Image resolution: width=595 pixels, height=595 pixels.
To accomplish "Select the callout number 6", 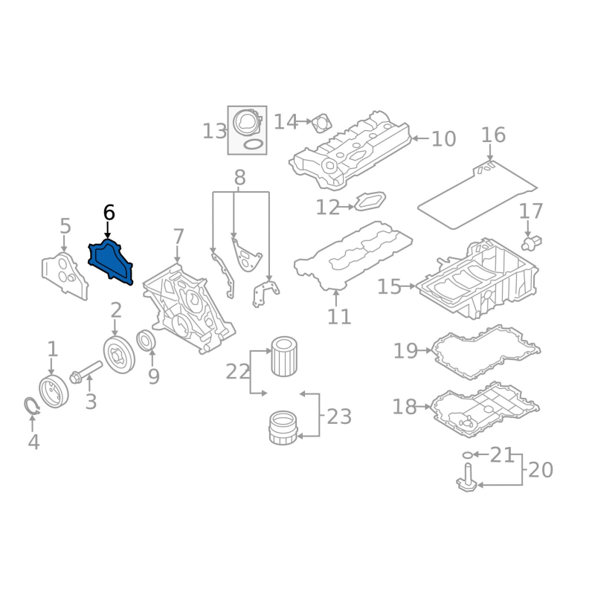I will pyautogui.click(x=109, y=213).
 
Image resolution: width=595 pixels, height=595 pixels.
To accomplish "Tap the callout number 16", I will pyautogui.click(x=493, y=135).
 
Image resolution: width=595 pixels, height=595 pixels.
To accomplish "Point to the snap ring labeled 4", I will pyautogui.click(x=30, y=406).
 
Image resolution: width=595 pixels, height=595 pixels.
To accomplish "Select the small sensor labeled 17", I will pyautogui.click(x=533, y=242).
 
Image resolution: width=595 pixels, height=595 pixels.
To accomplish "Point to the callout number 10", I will pyautogui.click(x=443, y=139).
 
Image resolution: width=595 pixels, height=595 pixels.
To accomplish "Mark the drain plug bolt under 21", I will pyautogui.click(x=467, y=477).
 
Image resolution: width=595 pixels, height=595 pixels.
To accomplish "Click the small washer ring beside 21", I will pyautogui.click(x=467, y=454).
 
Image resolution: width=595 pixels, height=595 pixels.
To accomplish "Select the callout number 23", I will pyautogui.click(x=338, y=416).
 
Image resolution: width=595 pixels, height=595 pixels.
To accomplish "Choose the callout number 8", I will pyautogui.click(x=239, y=178).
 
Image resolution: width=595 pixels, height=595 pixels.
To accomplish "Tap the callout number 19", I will pyautogui.click(x=405, y=350).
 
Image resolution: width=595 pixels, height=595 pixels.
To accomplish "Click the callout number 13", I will pyautogui.click(x=214, y=132).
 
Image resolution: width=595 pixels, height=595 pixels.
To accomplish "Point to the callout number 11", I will pyautogui.click(x=338, y=317).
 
